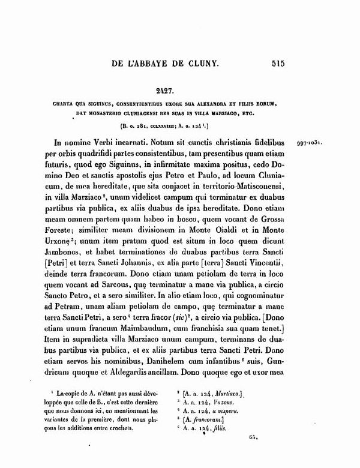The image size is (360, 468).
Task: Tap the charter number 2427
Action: [179, 92]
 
